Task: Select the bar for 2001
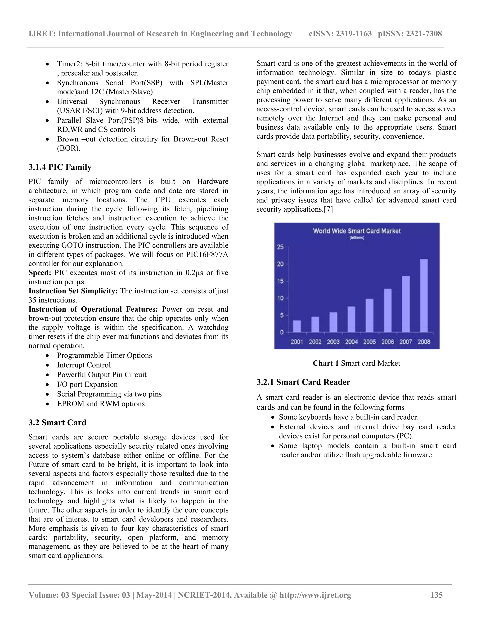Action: tap(297, 326)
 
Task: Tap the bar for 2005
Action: tap(369, 315)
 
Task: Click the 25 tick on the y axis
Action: tap(280, 247)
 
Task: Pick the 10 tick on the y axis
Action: tap(280, 298)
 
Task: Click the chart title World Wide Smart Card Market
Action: tap(357, 231)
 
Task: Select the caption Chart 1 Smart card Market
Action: tap(356, 363)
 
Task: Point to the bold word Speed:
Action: tap(40, 273)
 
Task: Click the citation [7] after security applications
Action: tap(328, 209)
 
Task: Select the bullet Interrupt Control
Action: tap(84, 365)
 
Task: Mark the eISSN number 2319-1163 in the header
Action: tap(354, 34)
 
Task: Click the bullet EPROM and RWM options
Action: tap(101, 404)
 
